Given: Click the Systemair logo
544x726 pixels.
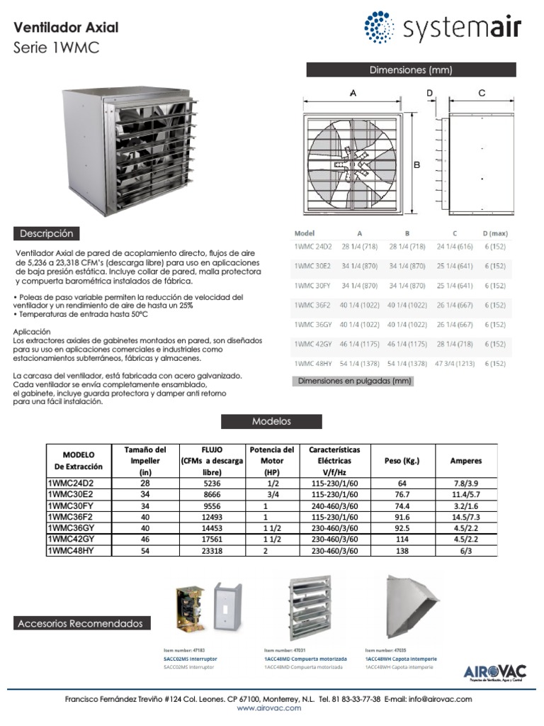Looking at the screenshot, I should click(x=443, y=28).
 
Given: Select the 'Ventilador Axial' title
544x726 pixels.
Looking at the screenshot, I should click(x=67, y=28).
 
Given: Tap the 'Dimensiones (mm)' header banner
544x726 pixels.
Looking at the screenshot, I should click(x=411, y=69).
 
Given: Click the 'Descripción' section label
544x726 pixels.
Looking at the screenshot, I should click(x=47, y=233).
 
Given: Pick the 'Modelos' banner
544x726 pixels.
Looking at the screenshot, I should click(x=271, y=421).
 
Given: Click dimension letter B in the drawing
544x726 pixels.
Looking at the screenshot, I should click(x=416, y=164).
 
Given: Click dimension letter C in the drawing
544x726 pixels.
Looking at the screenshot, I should click(x=482, y=93).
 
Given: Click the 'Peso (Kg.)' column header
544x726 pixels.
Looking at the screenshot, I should click(x=402, y=460).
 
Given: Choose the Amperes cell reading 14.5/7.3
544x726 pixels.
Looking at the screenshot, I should click(x=465, y=518).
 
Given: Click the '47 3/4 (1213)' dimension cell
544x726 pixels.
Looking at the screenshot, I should click(x=455, y=363).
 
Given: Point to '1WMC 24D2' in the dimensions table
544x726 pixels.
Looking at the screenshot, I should click(x=312, y=246).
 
